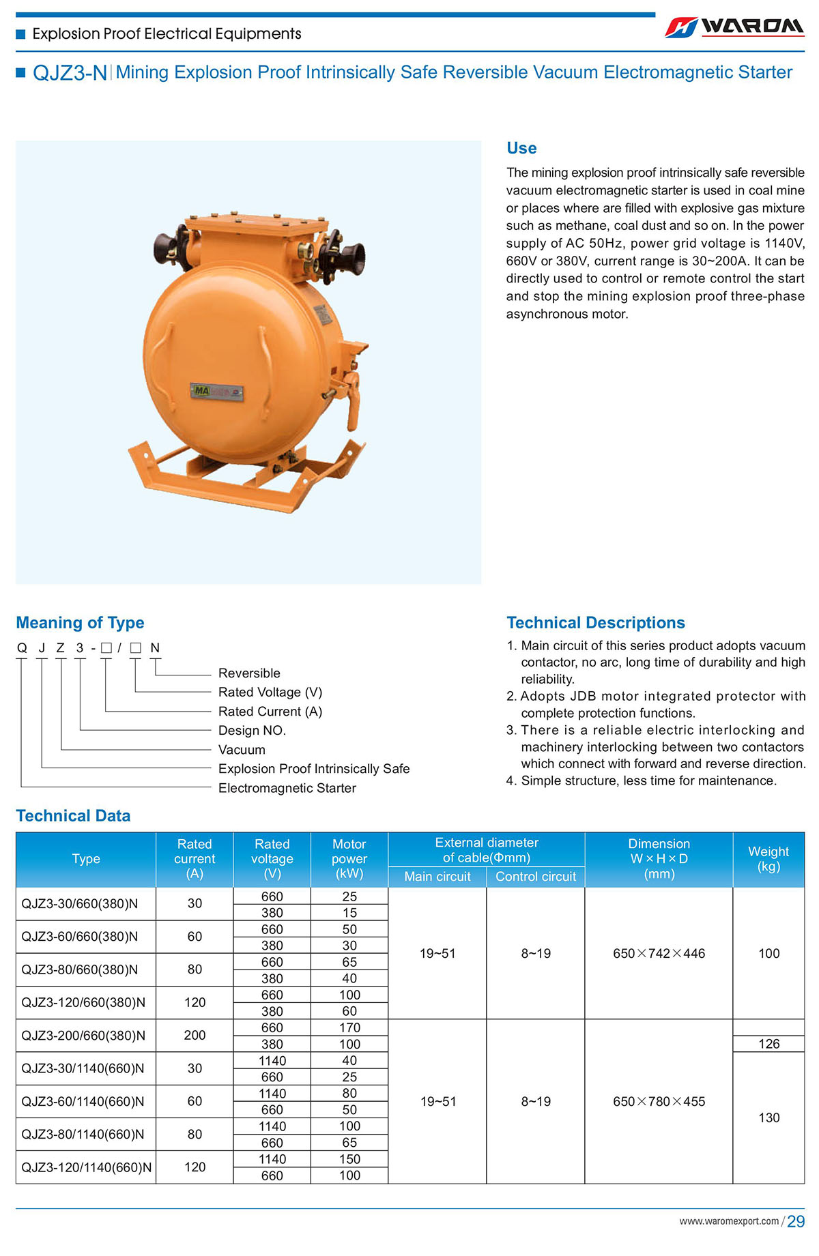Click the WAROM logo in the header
tap(734, 27)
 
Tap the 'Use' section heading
tap(521, 148)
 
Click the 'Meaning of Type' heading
tap(80, 622)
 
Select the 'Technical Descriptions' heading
tap(595, 622)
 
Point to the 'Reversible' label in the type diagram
tap(249, 673)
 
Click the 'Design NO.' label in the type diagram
tap(252, 730)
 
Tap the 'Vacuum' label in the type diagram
tap(242, 749)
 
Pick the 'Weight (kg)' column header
tap(768, 859)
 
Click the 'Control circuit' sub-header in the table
tap(536, 877)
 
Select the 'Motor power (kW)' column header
tap(349, 859)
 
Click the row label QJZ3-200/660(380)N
tap(83, 1036)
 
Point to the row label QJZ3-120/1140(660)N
tap(87, 1167)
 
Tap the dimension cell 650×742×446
tap(659, 953)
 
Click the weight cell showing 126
tap(768, 1044)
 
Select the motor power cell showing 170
tap(349, 1027)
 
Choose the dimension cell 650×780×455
tap(659, 1101)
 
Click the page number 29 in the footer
tap(796, 1222)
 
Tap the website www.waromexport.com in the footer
tap(729, 1221)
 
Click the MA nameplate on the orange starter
tap(216, 392)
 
